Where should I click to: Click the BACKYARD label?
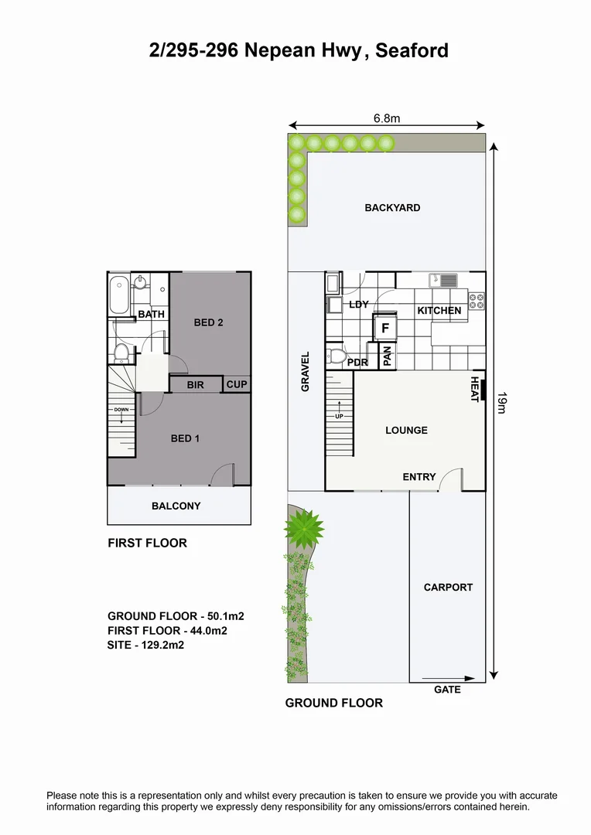click(392, 208)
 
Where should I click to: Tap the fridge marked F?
click(384, 328)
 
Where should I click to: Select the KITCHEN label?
click(439, 311)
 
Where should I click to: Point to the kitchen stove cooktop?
click(477, 301)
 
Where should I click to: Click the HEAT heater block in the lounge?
click(483, 390)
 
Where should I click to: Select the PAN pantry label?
click(388, 356)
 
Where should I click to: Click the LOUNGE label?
click(406, 431)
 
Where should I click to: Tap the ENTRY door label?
click(419, 477)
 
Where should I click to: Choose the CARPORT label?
click(448, 588)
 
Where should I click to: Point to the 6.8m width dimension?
click(386, 118)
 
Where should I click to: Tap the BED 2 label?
click(208, 322)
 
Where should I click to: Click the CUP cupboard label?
click(236, 384)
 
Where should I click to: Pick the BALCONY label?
click(176, 506)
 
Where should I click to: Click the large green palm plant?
click(304, 529)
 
